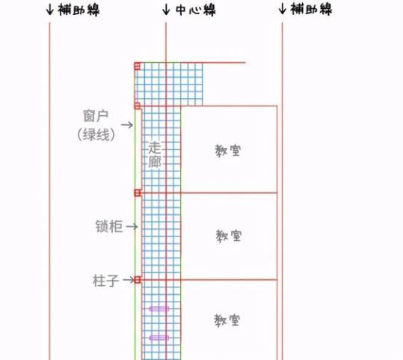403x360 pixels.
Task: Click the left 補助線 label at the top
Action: point(79,10)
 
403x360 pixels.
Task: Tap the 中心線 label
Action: point(196,10)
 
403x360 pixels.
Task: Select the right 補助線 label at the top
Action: point(311,9)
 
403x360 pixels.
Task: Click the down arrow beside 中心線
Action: point(166,10)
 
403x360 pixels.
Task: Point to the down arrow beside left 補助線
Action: point(49,10)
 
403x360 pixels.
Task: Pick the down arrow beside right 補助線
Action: point(282,9)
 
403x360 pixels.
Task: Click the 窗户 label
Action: point(96,116)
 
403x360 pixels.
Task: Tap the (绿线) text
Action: point(96,135)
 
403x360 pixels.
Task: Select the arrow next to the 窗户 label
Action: point(127,125)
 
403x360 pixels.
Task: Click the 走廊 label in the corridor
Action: point(155,155)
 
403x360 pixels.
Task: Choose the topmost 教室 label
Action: point(228,150)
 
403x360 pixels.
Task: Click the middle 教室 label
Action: point(229,236)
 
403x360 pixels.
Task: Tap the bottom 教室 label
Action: point(227,320)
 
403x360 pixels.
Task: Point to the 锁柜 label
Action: point(109,227)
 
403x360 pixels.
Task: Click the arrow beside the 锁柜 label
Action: point(132,227)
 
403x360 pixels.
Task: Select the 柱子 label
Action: point(105,281)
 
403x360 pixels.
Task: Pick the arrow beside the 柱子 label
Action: point(129,280)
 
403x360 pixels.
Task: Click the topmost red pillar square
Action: point(138,66)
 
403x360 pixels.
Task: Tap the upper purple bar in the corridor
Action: point(159,309)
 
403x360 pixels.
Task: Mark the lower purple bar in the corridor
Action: point(159,338)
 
